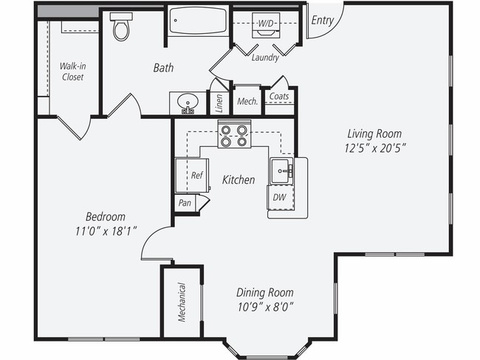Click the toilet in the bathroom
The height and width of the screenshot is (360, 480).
[122, 27]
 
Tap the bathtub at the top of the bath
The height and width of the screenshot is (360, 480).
[197, 21]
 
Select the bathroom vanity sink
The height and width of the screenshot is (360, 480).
[188, 103]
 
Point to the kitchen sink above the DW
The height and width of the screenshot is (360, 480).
[281, 170]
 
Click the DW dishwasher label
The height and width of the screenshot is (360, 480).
[280, 197]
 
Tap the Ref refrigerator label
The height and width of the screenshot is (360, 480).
[196, 176]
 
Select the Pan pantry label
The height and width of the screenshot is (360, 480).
[184, 201]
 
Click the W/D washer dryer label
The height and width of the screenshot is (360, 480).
[265, 23]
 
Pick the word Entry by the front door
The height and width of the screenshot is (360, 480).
[322, 20]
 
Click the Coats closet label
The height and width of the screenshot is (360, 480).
[279, 97]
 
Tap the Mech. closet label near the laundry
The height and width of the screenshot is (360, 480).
[247, 101]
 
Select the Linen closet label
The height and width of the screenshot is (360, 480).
[219, 103]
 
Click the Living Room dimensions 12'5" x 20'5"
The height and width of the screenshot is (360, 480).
[376, 140]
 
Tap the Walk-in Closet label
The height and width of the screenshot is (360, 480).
[72, 71]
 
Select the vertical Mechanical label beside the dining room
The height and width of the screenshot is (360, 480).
[182, 301]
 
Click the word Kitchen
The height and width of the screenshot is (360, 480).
[239, 179]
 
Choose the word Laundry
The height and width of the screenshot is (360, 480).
[264, 58]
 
